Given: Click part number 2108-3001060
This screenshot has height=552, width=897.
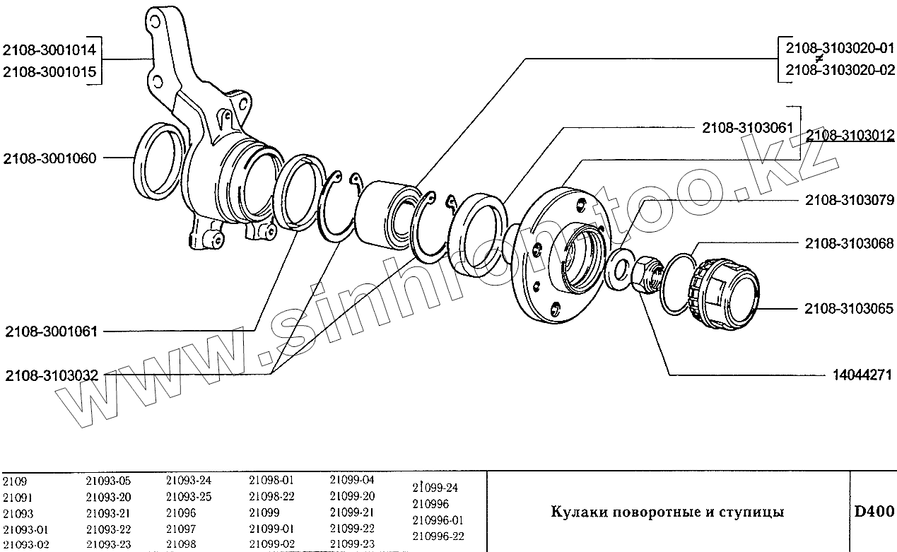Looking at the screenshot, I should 49,158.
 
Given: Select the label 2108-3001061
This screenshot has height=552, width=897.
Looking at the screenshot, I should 49,331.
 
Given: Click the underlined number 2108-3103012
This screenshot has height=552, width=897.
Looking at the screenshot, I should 850,135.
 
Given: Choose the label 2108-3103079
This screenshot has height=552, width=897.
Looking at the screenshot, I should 849,201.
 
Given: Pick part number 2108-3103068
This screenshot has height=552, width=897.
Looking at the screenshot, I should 849,244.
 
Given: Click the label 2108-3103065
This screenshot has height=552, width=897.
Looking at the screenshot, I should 849,309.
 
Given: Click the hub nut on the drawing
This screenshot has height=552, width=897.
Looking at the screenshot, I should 645,276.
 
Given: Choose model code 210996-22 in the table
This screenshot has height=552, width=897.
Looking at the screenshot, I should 438,536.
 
